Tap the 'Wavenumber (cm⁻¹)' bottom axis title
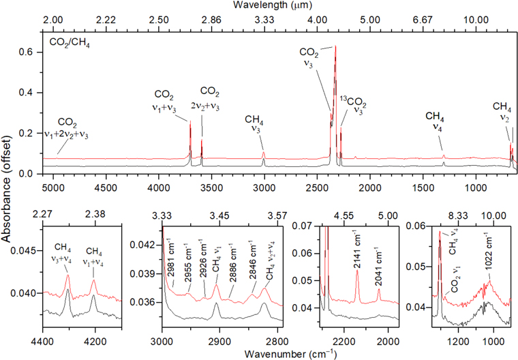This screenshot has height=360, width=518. click(x=269, y=353)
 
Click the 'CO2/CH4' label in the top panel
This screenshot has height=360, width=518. click(x=68, y=43)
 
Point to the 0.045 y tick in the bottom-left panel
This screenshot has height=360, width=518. click(x=28, y=250)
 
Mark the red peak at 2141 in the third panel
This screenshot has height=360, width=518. click(x=357, y=271)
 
